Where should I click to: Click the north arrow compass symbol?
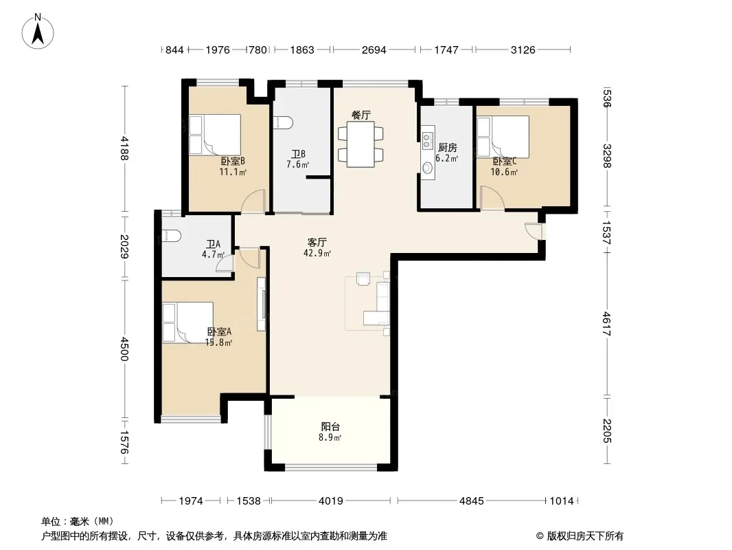point(38,32)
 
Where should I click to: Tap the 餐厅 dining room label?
point(361,115)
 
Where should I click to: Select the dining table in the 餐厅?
point(361,144)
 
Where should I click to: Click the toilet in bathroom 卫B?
point(283,122)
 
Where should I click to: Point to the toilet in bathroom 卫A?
point(172,236)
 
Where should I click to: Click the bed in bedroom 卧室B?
point(215,135)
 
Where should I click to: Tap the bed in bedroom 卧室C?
point(503,136)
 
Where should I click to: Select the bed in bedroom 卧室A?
point(187,322)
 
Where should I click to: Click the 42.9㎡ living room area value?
point(317,253)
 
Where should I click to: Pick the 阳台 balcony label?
point(330,427)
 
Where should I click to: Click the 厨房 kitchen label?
point(447,148)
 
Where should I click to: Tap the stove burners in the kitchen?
point(427,140)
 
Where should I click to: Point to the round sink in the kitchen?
point(427,167)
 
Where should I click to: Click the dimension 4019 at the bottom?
point(330,501)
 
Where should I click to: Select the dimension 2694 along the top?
point(374,49)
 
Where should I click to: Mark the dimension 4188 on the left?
point(124,148)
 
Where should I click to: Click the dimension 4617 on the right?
point(606,324)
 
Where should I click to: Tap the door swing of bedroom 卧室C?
point(491,197)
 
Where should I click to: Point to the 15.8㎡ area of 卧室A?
point(218,342)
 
